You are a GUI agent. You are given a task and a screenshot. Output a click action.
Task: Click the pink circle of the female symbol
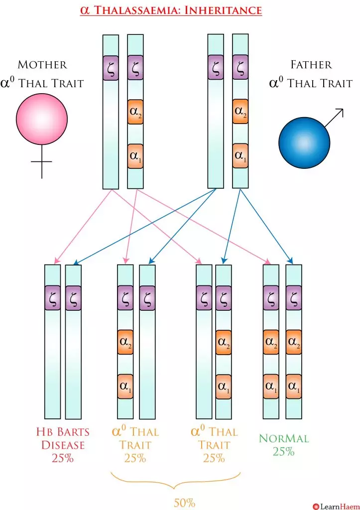pyautogui.click(x=42, y=118)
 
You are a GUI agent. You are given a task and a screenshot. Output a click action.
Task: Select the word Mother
pyautogui.click(x=42, y=65)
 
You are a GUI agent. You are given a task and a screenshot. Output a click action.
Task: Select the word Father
pyautogui.click(x=311, y=65)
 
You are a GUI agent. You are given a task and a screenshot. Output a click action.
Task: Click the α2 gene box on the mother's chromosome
pyautogui.click(x=135, y=112)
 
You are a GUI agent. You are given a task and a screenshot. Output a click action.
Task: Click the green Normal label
pyautogui.click(x=284, y=439)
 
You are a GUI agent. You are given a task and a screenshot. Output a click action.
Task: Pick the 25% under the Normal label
pyautogui.click(x=283, y=452)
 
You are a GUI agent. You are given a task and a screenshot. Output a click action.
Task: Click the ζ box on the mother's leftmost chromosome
pyautogui.click(x=111, y=68)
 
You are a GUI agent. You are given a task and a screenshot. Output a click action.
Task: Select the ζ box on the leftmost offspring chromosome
pyautogui.click(x=52, y=298)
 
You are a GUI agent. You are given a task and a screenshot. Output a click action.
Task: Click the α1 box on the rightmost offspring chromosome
pyautogui.click(x=293, y=386)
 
